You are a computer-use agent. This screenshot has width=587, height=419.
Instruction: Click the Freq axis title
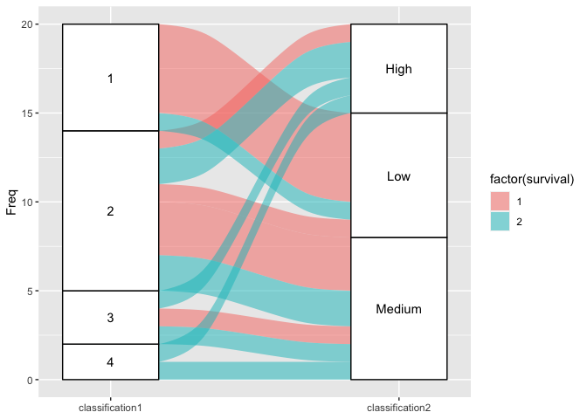11,203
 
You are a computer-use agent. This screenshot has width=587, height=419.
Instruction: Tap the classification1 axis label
110,408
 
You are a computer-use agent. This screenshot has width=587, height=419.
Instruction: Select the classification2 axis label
398,408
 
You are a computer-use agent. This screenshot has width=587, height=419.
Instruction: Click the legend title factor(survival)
531,180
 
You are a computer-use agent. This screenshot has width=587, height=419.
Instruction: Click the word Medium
398,309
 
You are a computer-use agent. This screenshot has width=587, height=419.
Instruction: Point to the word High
398,69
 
